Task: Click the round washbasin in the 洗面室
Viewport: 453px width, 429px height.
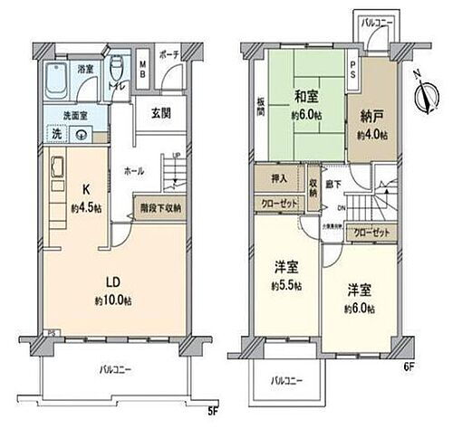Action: click(x=83, y=133)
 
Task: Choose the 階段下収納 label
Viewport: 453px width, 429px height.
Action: click(x=161, y=207)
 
